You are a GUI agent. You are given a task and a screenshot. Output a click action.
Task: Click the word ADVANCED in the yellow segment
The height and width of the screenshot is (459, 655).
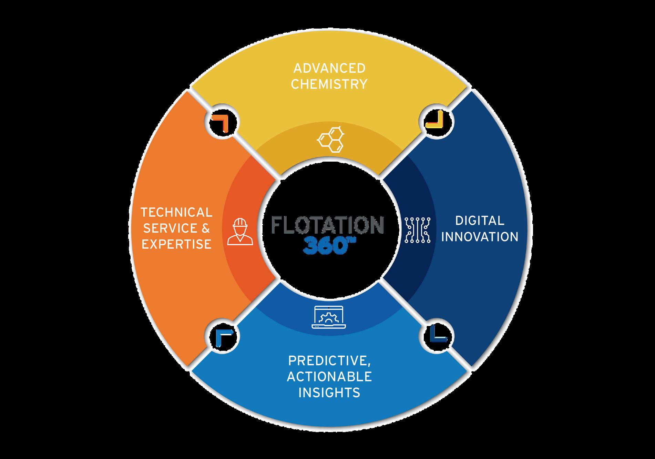tap(329, 68)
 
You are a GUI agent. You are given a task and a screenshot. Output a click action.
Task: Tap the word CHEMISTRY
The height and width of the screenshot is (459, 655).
tap(329, 84)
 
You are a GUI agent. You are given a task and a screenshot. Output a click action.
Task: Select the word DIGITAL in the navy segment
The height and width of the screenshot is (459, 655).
tap(480, 221)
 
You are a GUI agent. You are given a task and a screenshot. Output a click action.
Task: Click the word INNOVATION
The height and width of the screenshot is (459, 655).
tap(480, 237)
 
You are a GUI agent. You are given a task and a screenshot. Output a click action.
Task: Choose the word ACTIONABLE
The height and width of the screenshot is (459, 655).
tap(329, 377)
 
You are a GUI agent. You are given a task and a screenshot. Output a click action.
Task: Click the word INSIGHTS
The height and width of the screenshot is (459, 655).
tap(329, 392)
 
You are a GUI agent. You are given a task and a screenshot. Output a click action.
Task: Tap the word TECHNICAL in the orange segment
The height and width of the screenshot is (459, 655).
tap(176, 212)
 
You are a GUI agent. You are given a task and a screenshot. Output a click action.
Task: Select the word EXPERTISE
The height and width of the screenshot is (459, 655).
tap(176, 244)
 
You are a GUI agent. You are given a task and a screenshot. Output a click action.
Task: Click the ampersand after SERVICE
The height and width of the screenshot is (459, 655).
tap(205, 228)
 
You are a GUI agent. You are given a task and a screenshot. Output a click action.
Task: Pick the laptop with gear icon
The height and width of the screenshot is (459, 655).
tap(328, 317)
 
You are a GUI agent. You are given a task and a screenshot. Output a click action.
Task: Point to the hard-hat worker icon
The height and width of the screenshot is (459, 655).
tap(240, 232)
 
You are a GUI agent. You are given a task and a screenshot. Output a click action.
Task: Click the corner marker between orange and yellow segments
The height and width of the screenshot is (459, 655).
tap(222, 122)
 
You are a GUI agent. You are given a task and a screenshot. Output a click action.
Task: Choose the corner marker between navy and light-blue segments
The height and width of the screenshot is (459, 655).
tap(437, 336)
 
